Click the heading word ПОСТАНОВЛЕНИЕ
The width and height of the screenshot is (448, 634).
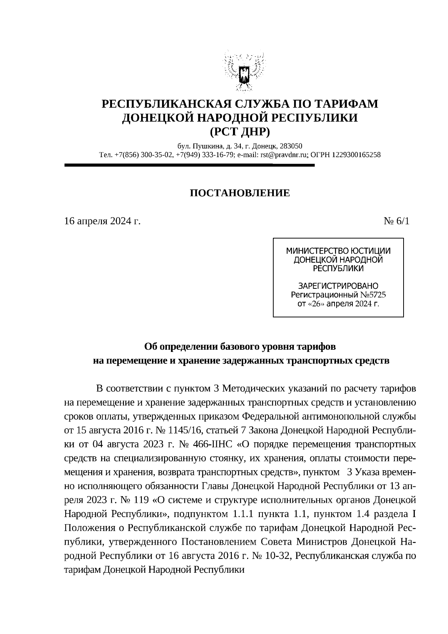240,193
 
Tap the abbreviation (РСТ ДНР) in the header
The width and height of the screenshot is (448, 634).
240,132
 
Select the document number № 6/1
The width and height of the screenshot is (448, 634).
396,221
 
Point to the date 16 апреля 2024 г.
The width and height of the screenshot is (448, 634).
102,221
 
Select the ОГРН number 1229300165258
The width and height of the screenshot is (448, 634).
356,155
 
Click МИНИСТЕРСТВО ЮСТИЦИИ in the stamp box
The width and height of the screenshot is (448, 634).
338,251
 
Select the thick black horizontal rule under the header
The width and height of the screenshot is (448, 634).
189,164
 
